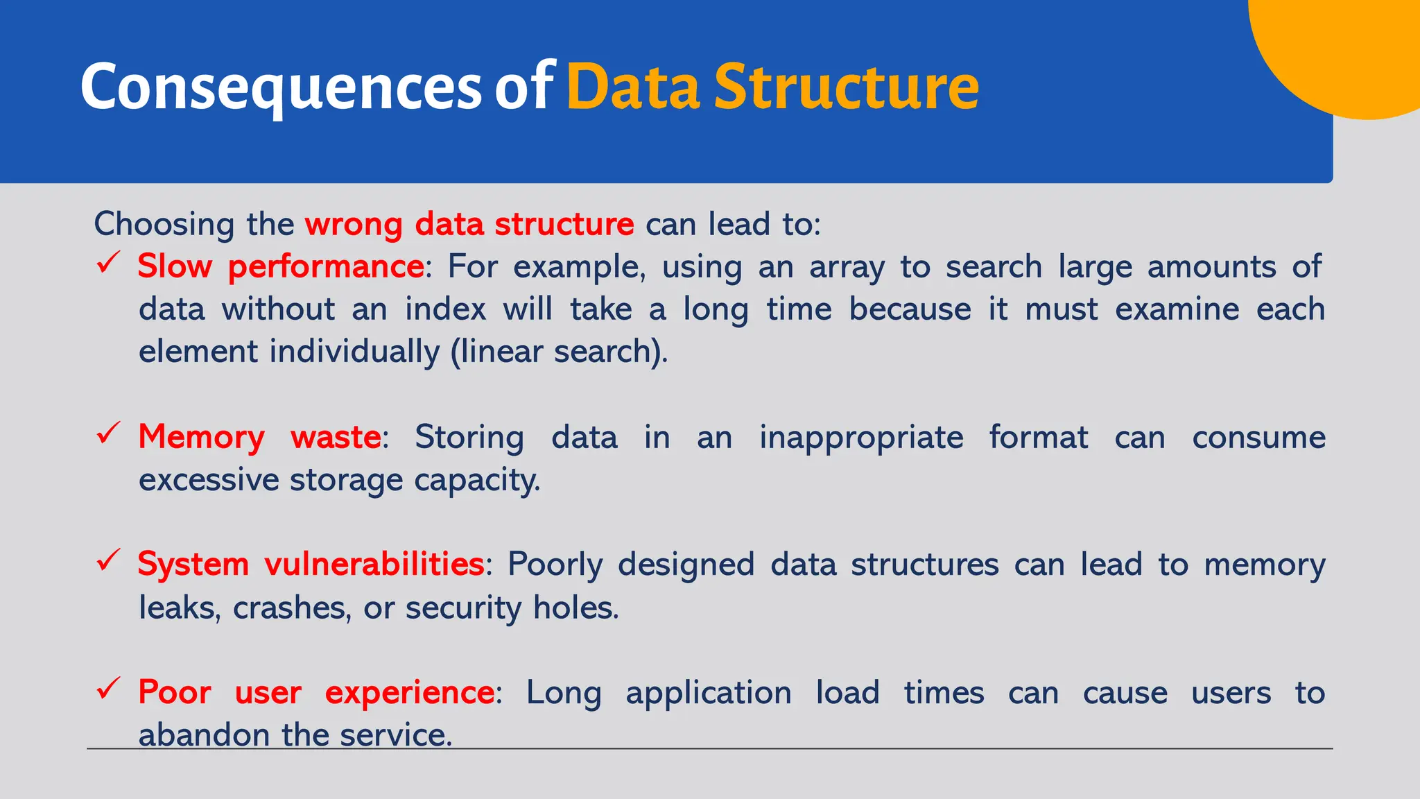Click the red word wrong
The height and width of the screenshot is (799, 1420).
[x=354, y=225]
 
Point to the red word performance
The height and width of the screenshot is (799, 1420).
[x=326, y=267]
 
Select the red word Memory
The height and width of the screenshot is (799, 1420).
[x=201, y=438]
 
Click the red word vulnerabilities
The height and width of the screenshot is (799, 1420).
[x=374, y=564]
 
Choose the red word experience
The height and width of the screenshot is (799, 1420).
[x=410, y=693]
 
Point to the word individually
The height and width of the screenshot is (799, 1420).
[x=354, y=352]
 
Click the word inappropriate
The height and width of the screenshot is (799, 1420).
[x=861, y=438]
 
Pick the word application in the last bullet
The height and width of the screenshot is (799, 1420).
[x=708, y=693]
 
